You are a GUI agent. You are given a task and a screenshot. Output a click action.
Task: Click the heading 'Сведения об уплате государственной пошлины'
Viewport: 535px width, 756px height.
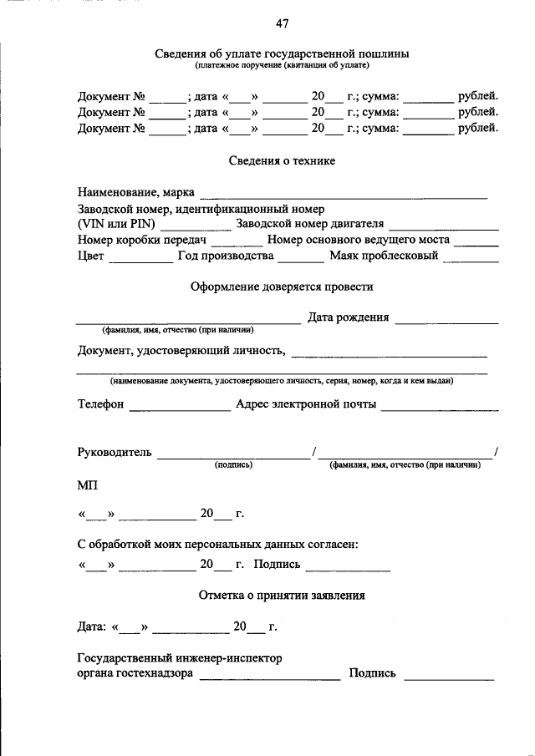282,53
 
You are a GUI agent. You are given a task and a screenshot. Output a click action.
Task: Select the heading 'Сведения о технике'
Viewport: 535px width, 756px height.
282,160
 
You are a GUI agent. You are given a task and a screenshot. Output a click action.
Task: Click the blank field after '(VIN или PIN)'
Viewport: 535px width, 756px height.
196,228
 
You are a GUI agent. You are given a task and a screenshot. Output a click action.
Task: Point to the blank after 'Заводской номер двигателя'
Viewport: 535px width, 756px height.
444,228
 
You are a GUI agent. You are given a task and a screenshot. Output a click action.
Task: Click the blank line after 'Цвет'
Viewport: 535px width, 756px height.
140,260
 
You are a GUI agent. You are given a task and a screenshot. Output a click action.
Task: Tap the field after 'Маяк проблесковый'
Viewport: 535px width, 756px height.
471,260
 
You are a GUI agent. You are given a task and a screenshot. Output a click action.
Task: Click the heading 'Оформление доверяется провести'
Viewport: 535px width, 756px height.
282,287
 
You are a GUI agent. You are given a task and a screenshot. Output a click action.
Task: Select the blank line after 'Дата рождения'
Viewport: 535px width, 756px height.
446,322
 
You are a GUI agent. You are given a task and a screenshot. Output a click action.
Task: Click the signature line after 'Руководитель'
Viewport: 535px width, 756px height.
233,457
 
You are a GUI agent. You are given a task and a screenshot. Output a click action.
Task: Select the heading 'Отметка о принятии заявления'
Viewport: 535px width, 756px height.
282,596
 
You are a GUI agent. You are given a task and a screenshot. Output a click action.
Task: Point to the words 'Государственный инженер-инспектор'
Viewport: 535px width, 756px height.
180,658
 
